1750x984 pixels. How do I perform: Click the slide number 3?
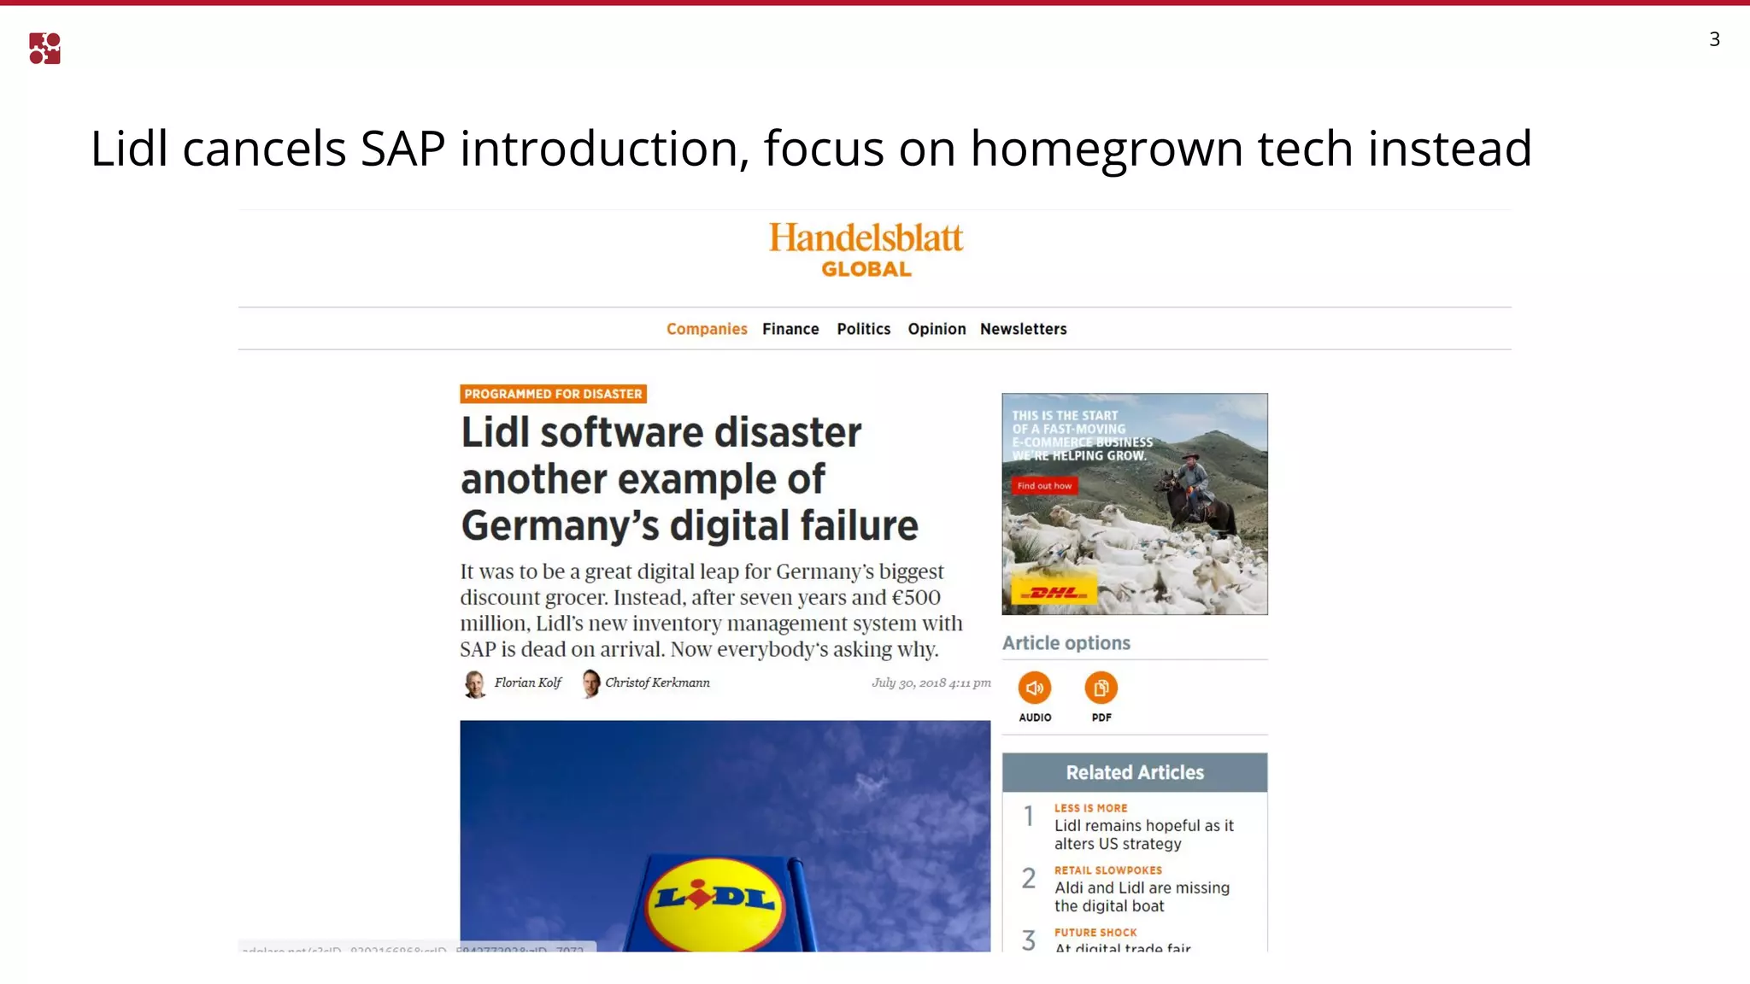(x=1714, y=39)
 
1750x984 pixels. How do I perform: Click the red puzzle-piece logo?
(x=44, y=49)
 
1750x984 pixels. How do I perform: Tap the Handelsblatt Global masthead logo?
(x=866, y=249)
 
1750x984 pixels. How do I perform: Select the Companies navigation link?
(x=707, y=329)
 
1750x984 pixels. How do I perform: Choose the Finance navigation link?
(x=790, y=329)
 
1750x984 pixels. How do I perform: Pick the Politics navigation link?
(x=863, y=329)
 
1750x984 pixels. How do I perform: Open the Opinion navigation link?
(x=937, y=329)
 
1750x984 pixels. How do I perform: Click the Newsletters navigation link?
(x=1023, y=329)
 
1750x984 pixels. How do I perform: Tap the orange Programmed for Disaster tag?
(x=553, y=394)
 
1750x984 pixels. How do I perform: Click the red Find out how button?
(x=1044, y=486)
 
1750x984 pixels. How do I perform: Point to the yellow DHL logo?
(x=1054, y=591)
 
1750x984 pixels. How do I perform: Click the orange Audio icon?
(x=1034, y=688)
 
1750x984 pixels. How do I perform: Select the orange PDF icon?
(x=1101, y=688)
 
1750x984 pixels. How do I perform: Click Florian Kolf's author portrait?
(x=474, y=683)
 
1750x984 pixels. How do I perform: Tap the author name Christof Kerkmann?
(x=657, y=682)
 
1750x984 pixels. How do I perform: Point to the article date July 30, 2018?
(x=931, y=682)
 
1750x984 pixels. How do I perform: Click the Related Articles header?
(x=1134, y=772)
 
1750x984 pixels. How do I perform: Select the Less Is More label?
(x=1090, y=808)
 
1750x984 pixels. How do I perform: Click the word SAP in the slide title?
(x=402, y=149)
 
